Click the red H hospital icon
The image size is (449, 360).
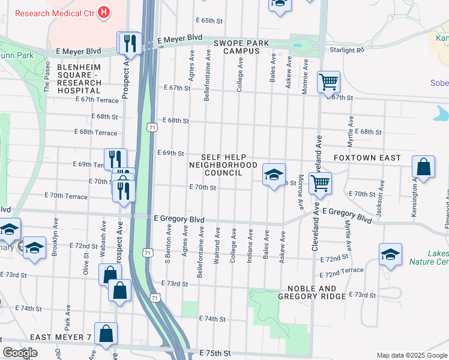(104, 11)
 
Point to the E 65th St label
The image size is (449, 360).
(209, 20)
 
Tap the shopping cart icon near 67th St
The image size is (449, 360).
(328, 82)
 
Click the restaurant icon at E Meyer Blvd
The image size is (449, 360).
(129, 43)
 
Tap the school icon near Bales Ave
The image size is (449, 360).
(273, 175)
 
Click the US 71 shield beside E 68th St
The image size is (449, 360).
(151, 127)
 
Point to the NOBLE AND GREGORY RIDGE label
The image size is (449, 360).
(312, 292)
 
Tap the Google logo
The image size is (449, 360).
(20, 353)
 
